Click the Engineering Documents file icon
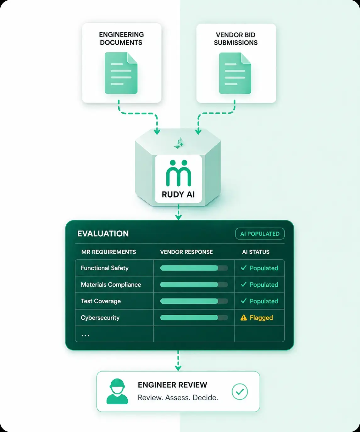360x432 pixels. pos(121,73)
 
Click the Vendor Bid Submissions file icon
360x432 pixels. pos(235,73)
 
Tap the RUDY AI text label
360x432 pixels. pos(178,194)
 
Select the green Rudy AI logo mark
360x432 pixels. pos(179,173)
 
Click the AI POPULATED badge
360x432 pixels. pos(260,233)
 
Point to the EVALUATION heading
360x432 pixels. pos(103,233)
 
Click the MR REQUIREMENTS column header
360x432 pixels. pos(108,252)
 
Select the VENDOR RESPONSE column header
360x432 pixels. pos(186,252)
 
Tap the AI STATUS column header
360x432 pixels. pos(256,252)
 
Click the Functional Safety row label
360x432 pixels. pos(105,268)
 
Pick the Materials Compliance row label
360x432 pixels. pos(111,284)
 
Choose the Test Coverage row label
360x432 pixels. pos(101,301)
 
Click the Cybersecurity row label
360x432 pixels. pos(100,317)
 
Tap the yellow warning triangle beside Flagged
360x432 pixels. pos(244,317)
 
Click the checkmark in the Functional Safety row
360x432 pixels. pos(244,268)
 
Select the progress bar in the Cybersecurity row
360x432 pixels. pos(194,317)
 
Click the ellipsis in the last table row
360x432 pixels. pos(86,336)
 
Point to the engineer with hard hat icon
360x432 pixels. pos(117,391)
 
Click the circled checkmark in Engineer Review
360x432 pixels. pos(240,391)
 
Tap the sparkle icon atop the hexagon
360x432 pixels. pos(179,143)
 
